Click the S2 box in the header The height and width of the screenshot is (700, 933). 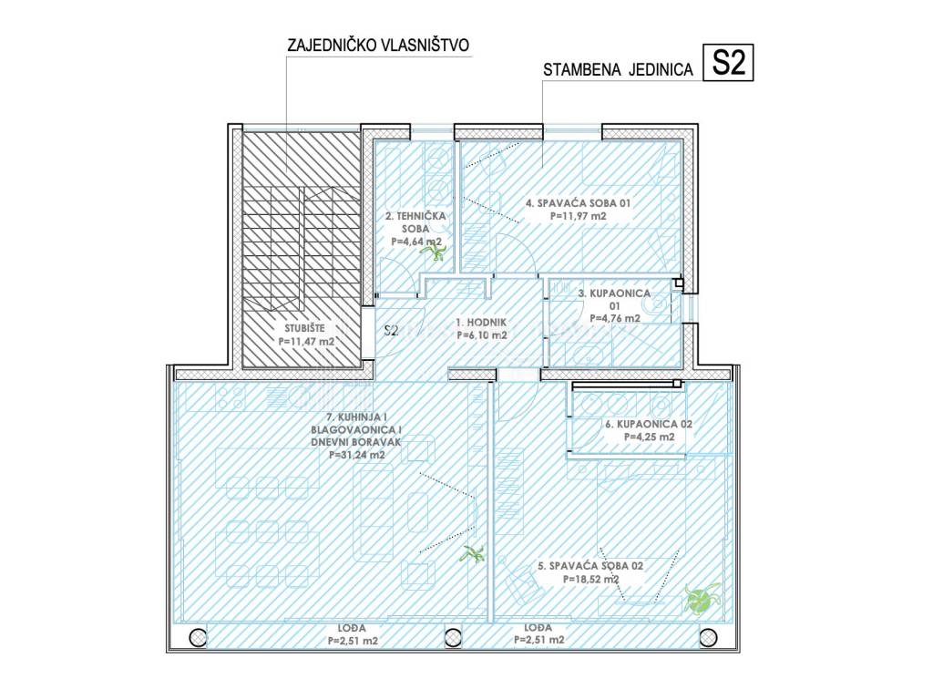pos(728,63)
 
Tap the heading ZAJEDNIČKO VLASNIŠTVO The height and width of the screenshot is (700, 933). pos(378,46)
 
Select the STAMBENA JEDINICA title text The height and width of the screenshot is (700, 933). pos(619,69)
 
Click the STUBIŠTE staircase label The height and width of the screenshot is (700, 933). pos(304,328)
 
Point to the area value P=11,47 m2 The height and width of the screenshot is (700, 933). pos(306,342)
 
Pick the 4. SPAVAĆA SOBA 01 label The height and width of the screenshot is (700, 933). pos(578,203)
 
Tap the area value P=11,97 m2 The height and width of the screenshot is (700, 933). pos(579,216)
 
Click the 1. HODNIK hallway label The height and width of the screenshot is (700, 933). pos(481,322)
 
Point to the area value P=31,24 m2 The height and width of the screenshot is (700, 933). pos(357,456)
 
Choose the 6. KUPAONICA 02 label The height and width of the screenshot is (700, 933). pos(649,425)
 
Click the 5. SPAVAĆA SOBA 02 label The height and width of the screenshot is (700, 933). pos(590,566)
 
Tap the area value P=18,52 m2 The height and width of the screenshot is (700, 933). pos(590,579)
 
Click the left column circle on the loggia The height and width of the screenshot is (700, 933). pos(198,638)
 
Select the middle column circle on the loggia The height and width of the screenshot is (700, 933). pos(454,638)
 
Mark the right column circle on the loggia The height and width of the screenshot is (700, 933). pos(708,638)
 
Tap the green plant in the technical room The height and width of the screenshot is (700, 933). pos(434,252)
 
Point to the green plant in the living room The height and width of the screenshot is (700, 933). pos(473,554)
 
